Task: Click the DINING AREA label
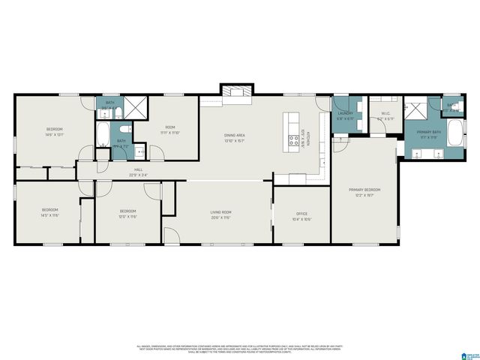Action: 235,136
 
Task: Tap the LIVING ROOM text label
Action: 220,212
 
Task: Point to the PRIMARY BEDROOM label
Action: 364,190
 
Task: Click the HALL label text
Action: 138,170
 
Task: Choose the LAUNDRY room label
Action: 345,113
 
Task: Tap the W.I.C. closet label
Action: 385,113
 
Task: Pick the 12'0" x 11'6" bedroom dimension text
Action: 128,217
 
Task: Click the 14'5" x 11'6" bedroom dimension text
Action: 49,214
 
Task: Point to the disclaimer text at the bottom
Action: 240,349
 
